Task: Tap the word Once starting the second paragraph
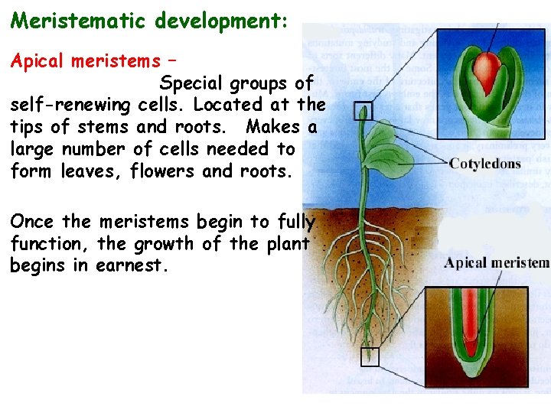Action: (x=32, y=222)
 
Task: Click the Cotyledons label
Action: (x=484, y=163)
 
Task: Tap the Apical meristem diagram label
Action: (x=497, y=264)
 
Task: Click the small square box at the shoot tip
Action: (x=363, y=111)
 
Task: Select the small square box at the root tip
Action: (x=370, y=356)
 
